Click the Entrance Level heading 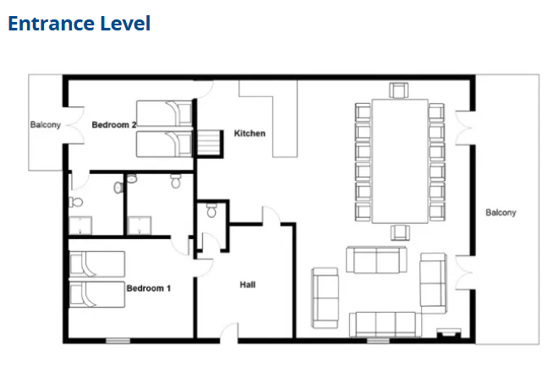[79, 24]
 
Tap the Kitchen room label [249, 134]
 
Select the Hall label [248, 285]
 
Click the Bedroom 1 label [149, 288]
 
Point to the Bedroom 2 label [114, 125]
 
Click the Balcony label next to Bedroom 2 [46, 125]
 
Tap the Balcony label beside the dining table [501, 212]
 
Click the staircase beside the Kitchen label [209, 143]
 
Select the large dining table [400, 161]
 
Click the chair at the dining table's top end [399, 90]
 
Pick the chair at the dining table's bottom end [400, 232]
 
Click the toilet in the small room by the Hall [211, 210]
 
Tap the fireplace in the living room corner [449, 333]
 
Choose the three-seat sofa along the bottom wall [386, 324]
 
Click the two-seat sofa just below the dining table [376, 259]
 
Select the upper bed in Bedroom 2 [164, 113]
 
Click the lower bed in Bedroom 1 [97, 294]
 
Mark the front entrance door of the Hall [229, 333]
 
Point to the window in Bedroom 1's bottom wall [118, 341]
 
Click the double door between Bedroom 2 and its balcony [75, 125]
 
